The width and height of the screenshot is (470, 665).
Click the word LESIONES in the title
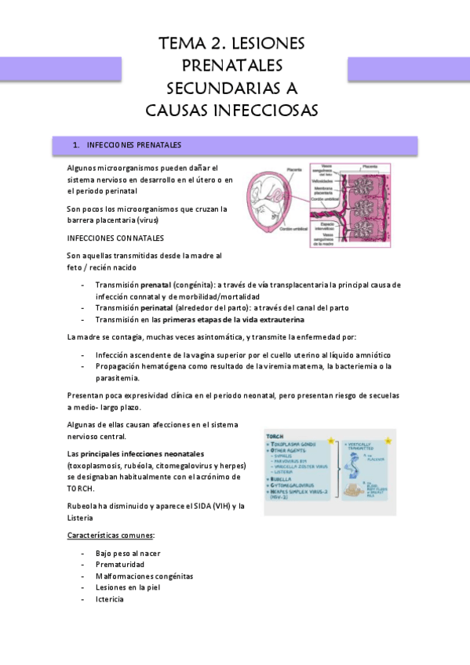pos(264,43)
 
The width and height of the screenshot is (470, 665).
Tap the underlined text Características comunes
pos(110,535)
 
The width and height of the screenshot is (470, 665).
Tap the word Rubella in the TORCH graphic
pos(282,480)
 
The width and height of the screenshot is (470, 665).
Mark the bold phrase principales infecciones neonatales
pos(137,454)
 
